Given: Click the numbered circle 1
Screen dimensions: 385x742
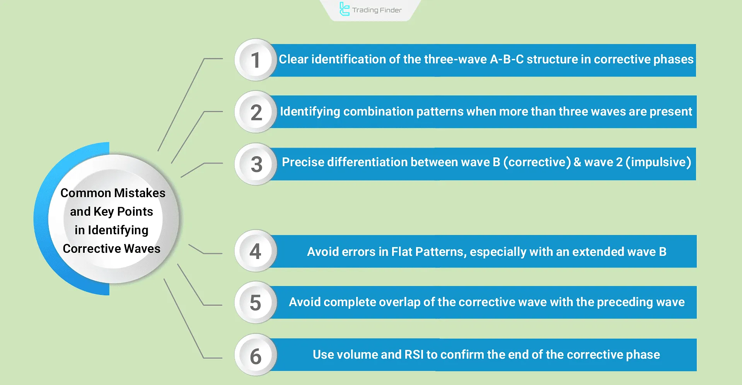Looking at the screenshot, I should click(x=255, y=60).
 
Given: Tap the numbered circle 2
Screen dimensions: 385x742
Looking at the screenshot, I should click(x=255, y=112).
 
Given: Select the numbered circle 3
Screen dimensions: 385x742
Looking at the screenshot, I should click(x=256, y=164).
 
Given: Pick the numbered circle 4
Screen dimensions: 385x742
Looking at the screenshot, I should click(x=255, y=251).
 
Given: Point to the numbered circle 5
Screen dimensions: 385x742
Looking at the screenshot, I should click(x=255, y=303).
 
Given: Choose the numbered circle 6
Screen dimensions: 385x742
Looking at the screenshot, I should click(x=255, y=355).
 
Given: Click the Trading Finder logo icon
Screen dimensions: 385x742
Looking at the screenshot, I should click(x=344, y=9).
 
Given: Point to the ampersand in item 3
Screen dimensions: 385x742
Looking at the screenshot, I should click(x=577, y=162).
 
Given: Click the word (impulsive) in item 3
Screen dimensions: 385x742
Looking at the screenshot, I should click(x=658, y=162).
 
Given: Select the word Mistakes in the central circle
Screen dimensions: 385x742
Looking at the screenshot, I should click(x=140, y=193).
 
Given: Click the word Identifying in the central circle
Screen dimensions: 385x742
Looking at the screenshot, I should click(x=118, y=230).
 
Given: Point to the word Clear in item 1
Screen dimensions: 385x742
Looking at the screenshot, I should click(x=293, y=59).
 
